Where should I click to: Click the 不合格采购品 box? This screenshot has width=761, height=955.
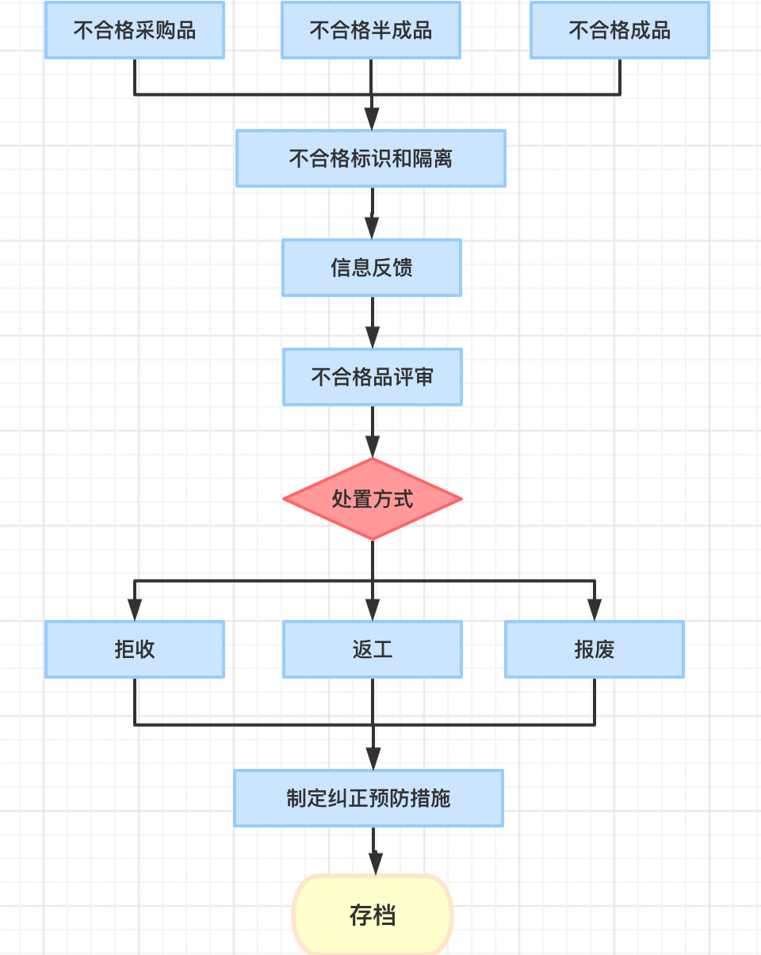pyautogui.click(x=135, y=30)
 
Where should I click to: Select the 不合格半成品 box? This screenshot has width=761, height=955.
pyautogui.click(x=371, y=30)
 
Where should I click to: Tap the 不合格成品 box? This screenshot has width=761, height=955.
pyautogui.click(x=619, y=30)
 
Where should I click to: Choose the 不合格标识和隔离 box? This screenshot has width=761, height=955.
pyautogui.click(x=371, y=158)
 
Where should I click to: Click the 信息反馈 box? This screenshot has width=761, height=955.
pyautogui.click(x=372, y=268)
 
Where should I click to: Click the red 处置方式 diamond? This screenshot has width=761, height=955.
pyautogui.click(x=373, y=499)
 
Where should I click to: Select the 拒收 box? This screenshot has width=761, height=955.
pyautogui.click(x=135, y=649)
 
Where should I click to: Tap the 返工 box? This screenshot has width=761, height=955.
pyautogui.click(x=373, y=649)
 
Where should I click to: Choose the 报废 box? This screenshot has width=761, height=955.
pyautogui.click(x=595, y=649)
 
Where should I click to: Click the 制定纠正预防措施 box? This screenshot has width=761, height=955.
pyautogui.click(x=369, y=798)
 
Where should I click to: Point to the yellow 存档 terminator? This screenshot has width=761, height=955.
pyautogui.click(x=373, y=915)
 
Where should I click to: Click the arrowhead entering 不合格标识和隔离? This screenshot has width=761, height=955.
pyautogui.click(x=372, y=120)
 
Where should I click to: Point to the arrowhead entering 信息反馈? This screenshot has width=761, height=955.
pyautogui.click(x=372, y=229)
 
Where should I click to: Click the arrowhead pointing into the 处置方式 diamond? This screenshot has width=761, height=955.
pyautogui.click(x=373, y=447)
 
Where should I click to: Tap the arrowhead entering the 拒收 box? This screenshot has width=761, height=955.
pyautogui.click(x=135, y=611)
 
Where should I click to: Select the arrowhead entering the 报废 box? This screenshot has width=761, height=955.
pyautogui.click(x=595, y=611)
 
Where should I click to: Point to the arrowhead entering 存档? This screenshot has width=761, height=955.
pyautogui.click(x=375, y=864)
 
